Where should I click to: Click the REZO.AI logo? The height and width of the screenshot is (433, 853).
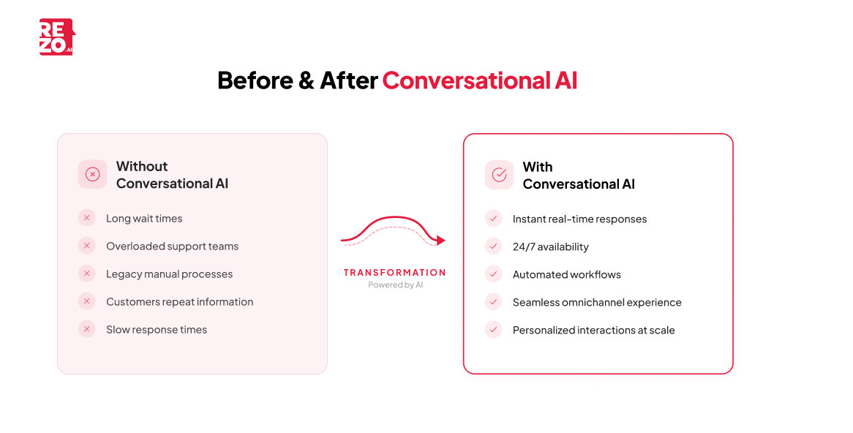[56, 37]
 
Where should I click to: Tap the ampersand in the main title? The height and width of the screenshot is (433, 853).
[306, 80]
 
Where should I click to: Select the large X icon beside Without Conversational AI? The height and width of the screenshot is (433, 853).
[93, 174]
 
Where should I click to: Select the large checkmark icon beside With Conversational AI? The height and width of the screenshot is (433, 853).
[499, 175]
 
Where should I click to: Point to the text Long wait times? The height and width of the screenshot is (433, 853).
[144, 218]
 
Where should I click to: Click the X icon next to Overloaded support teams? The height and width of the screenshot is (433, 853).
[87, 246]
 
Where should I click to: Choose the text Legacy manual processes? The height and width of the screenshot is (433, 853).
[169, 274]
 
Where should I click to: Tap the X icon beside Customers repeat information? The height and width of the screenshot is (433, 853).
[87, 301]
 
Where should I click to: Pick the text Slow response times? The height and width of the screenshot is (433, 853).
[157, 329]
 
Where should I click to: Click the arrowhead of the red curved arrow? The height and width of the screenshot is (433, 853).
[440, 240]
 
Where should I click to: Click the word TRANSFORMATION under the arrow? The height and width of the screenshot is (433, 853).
[394, 272]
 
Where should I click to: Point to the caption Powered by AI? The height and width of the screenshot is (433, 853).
[395, 285]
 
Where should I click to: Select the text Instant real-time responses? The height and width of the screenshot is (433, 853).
[579, 219]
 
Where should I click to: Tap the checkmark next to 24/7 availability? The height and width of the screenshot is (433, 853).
[494, 246]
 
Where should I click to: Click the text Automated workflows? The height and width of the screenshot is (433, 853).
[566, 274]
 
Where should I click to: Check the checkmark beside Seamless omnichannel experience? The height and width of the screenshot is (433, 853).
[494, 302]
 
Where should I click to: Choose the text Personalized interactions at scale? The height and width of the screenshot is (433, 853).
[593, 330]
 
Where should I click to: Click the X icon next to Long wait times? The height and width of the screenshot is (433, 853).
[87, 218]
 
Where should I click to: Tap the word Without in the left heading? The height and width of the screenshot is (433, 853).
[142, 166]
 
